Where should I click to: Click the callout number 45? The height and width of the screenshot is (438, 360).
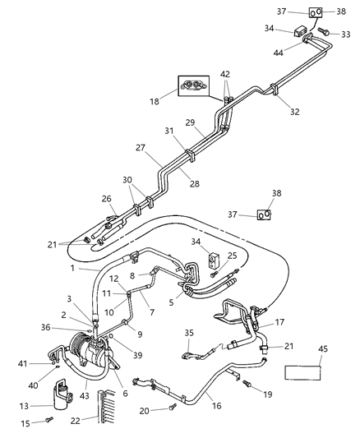click(x=322, y=348)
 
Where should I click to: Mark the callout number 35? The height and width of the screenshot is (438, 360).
click(x=190, y=334)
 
